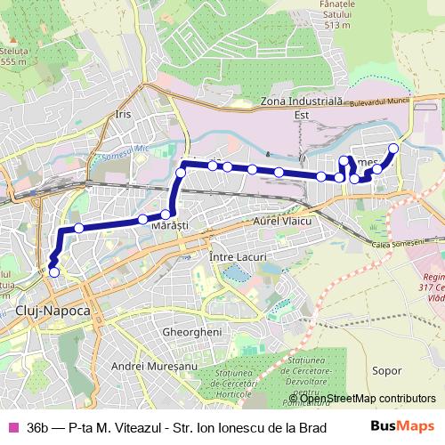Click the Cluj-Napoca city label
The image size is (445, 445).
(53, 311)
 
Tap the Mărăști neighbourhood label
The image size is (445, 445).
(169, 228)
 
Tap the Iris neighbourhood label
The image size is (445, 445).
(123, 115)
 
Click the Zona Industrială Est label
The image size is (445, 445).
(308, 108)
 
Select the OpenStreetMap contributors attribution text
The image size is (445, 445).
(367, 398)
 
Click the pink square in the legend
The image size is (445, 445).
(12, 427)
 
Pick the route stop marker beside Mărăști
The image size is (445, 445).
(166, 214)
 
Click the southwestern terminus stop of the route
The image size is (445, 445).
(53, 272)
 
